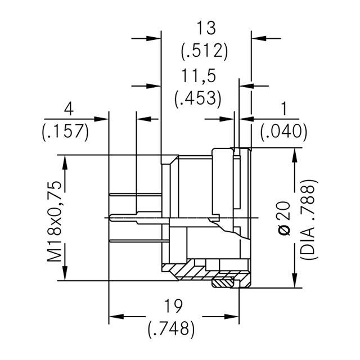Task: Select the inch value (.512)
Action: (204, 51)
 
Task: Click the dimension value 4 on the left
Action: (69, 107)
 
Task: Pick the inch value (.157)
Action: (66, 132)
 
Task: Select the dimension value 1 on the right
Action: (283, 107)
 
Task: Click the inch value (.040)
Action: (284, 132)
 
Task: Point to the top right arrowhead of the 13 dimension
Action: (259, 38)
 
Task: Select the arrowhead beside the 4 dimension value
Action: (101, 119)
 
